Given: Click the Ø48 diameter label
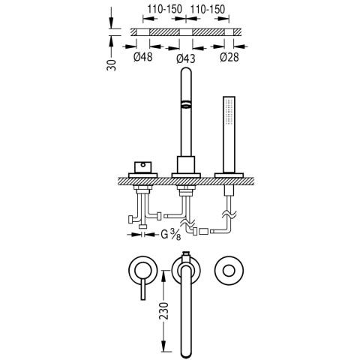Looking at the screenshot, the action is [x=142, y=57].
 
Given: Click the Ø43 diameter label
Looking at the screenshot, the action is [x=186, y=58].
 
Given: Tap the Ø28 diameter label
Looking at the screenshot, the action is [x=229, y=57].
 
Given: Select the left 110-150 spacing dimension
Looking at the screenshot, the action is [x=164, y=10].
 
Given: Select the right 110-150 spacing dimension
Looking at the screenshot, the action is [x=208, y=10].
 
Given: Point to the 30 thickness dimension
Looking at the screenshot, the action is [x=112, y=65].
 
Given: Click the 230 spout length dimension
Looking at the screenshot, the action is [x=164, y=310].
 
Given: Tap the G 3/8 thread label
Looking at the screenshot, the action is [x=171, y=235].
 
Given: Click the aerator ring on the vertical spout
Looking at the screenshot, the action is [x=186, y=105].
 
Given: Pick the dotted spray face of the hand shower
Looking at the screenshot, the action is [x=229, y=111].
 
